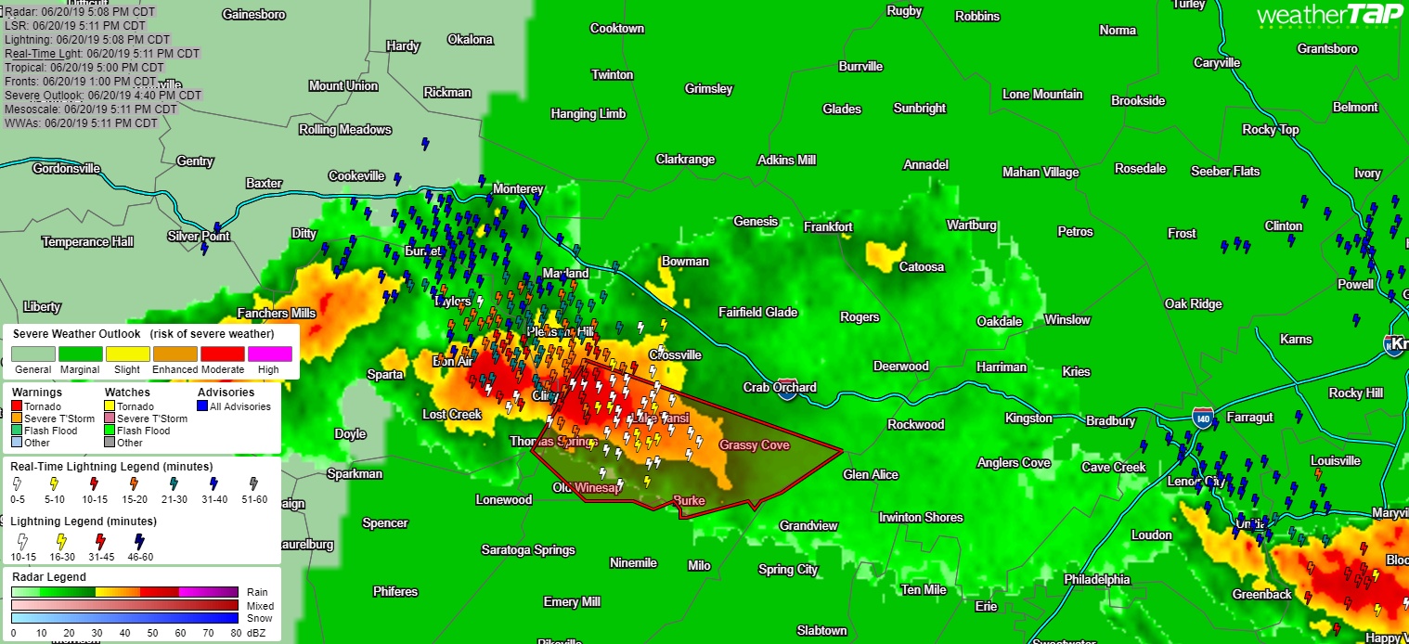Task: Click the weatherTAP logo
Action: (1330, 15)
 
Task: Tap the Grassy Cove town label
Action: (754, 445)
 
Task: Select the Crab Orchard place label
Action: (780, 387)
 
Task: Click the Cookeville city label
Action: (356, 175)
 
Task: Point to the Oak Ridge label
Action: (1194, 303)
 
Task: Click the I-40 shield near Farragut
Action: (1204, 415)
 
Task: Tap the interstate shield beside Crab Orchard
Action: (787, 394)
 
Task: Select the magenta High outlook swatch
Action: (268, 354)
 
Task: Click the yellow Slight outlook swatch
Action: (128, 354)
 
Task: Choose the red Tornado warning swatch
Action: (17, 406)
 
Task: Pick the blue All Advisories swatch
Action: (202, 406)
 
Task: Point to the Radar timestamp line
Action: (79, 12)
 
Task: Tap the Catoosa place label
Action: (921, 266)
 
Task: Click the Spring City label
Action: (788, 569)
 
